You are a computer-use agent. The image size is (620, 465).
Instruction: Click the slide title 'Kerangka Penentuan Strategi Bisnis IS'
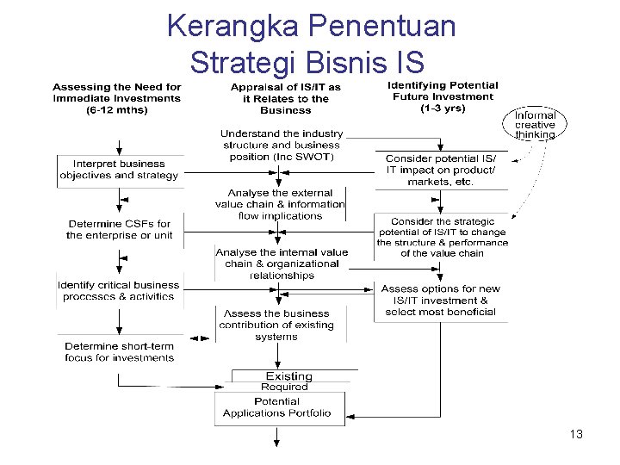pos(310,43)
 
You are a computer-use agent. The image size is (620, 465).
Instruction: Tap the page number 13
pos(576,434)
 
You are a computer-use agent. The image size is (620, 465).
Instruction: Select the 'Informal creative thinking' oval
pos(535,125)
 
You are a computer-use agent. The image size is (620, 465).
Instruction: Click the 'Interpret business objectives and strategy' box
pos(119,169)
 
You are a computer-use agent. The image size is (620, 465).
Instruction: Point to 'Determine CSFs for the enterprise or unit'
pos(119,229)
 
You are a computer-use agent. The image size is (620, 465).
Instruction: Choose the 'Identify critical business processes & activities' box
pos(119,290)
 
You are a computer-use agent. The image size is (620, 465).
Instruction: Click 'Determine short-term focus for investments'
pos(119,351)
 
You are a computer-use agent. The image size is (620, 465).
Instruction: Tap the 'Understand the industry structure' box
pos(282,145)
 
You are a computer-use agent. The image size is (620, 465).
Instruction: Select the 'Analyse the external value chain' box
pos(280,204)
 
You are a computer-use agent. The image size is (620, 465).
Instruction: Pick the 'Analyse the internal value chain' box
pos(282,263)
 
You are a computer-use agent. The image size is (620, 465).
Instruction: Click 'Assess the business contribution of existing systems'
pos(276,325)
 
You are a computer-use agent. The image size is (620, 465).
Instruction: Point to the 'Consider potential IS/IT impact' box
pos(441,170)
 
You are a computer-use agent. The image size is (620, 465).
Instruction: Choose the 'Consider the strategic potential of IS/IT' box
pos(442,237)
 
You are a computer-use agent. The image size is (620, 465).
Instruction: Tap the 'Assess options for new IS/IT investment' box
pos(440,301)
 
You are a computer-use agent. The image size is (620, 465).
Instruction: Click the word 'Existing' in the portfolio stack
pos(288,376)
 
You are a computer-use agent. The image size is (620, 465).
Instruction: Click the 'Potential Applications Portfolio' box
pos(277,407)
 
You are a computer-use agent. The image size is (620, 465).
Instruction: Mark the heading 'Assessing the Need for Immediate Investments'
pos(117,98)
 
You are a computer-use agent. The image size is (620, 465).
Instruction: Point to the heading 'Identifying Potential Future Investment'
pos(443,96)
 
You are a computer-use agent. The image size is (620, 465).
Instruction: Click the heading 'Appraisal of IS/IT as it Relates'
pos(285,98)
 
